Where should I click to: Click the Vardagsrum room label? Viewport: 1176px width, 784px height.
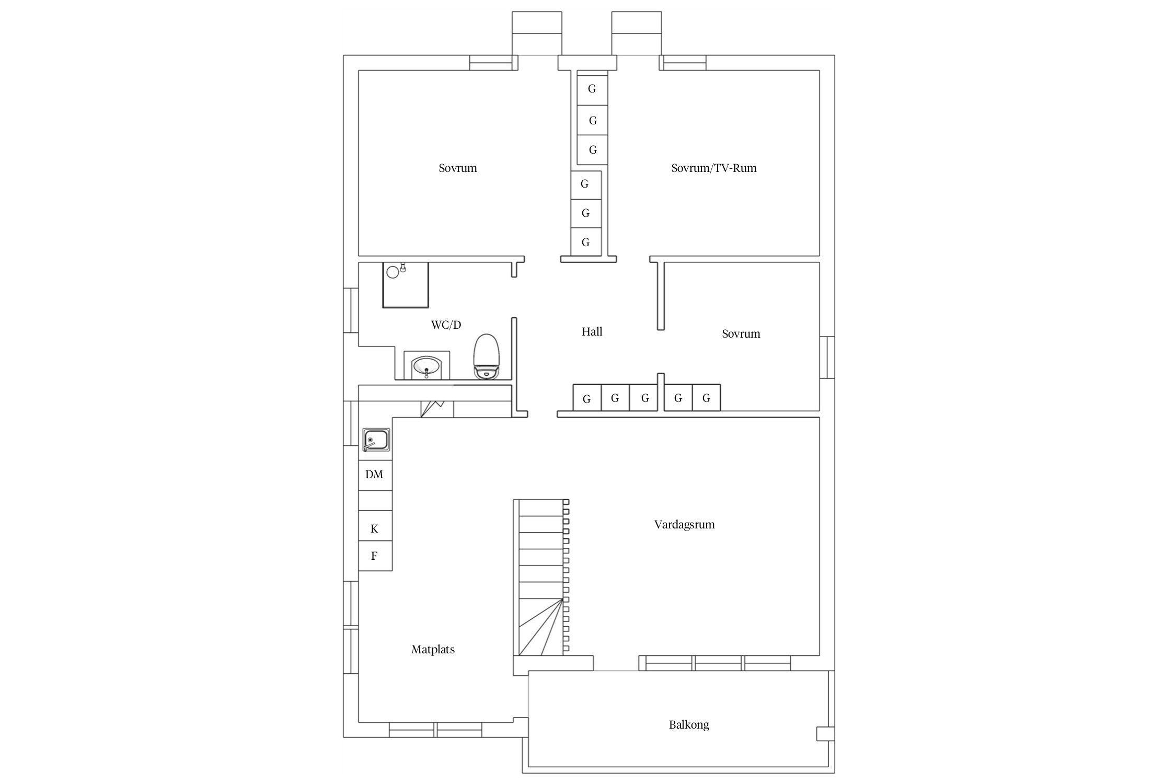684,525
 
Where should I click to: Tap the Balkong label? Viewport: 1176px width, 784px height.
689,725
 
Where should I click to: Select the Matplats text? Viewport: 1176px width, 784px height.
433,650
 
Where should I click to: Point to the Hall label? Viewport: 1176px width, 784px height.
592,331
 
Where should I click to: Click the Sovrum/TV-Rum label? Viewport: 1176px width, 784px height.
714,168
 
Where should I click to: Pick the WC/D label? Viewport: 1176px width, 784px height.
446,325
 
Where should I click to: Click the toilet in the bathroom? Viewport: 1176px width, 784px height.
487,356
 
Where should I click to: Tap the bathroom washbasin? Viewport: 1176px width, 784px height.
426,365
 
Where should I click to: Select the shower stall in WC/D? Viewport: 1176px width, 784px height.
406,285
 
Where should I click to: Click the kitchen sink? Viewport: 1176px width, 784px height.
376,440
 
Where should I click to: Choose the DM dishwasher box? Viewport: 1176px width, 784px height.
375,475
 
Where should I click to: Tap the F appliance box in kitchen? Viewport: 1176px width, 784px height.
375,556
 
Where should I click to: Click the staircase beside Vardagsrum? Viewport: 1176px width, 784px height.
541,578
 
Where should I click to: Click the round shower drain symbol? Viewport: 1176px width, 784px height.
393,272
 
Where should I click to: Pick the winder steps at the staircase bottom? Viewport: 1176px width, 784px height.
541,627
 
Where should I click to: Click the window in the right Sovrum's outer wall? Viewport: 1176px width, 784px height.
827,358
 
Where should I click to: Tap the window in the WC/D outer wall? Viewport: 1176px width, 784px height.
351,310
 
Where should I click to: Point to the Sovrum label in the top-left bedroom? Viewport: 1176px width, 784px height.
458,168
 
